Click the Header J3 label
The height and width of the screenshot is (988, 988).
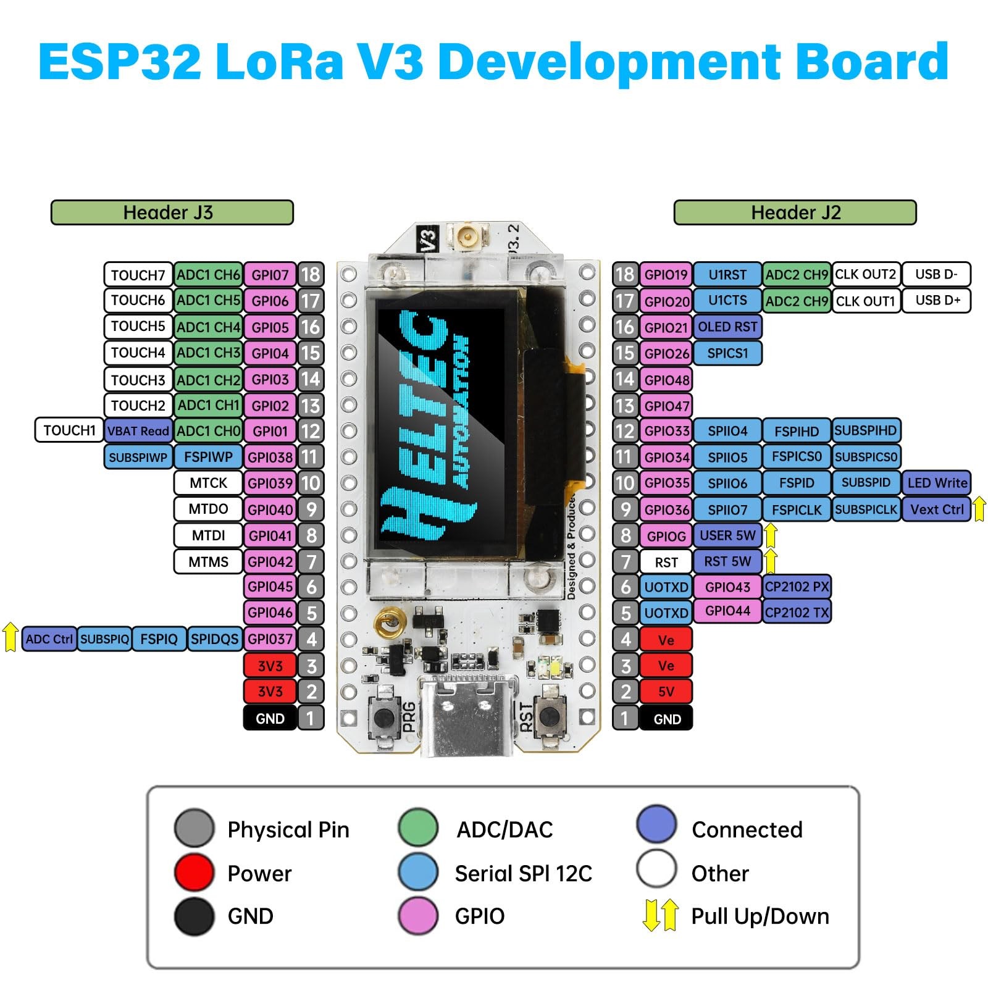pos(172,212)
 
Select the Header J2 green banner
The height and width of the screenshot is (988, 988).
pos(795,212)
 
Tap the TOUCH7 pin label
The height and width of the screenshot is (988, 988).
pos(138,275)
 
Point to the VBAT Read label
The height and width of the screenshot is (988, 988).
pos(138,431)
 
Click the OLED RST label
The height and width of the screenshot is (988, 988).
pos(727,327)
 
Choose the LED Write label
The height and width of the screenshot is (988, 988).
pos(937,483)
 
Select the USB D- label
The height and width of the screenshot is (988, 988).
pos(936,274)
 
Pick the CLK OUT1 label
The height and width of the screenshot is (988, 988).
pos(865,301)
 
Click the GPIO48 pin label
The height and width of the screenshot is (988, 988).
pos(666,380)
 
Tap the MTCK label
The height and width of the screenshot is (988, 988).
pos(208,483)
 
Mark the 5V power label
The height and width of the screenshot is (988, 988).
pos(666,692)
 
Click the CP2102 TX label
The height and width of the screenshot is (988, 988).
pos(797,612)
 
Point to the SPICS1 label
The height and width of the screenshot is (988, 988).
pos(727,353)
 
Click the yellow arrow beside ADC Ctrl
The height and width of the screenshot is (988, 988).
pos(10,637)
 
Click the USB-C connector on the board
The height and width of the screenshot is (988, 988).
pos(467,716)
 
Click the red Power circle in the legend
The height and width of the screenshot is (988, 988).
pos(194,873)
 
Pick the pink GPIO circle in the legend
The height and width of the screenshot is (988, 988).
pos(418,916)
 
